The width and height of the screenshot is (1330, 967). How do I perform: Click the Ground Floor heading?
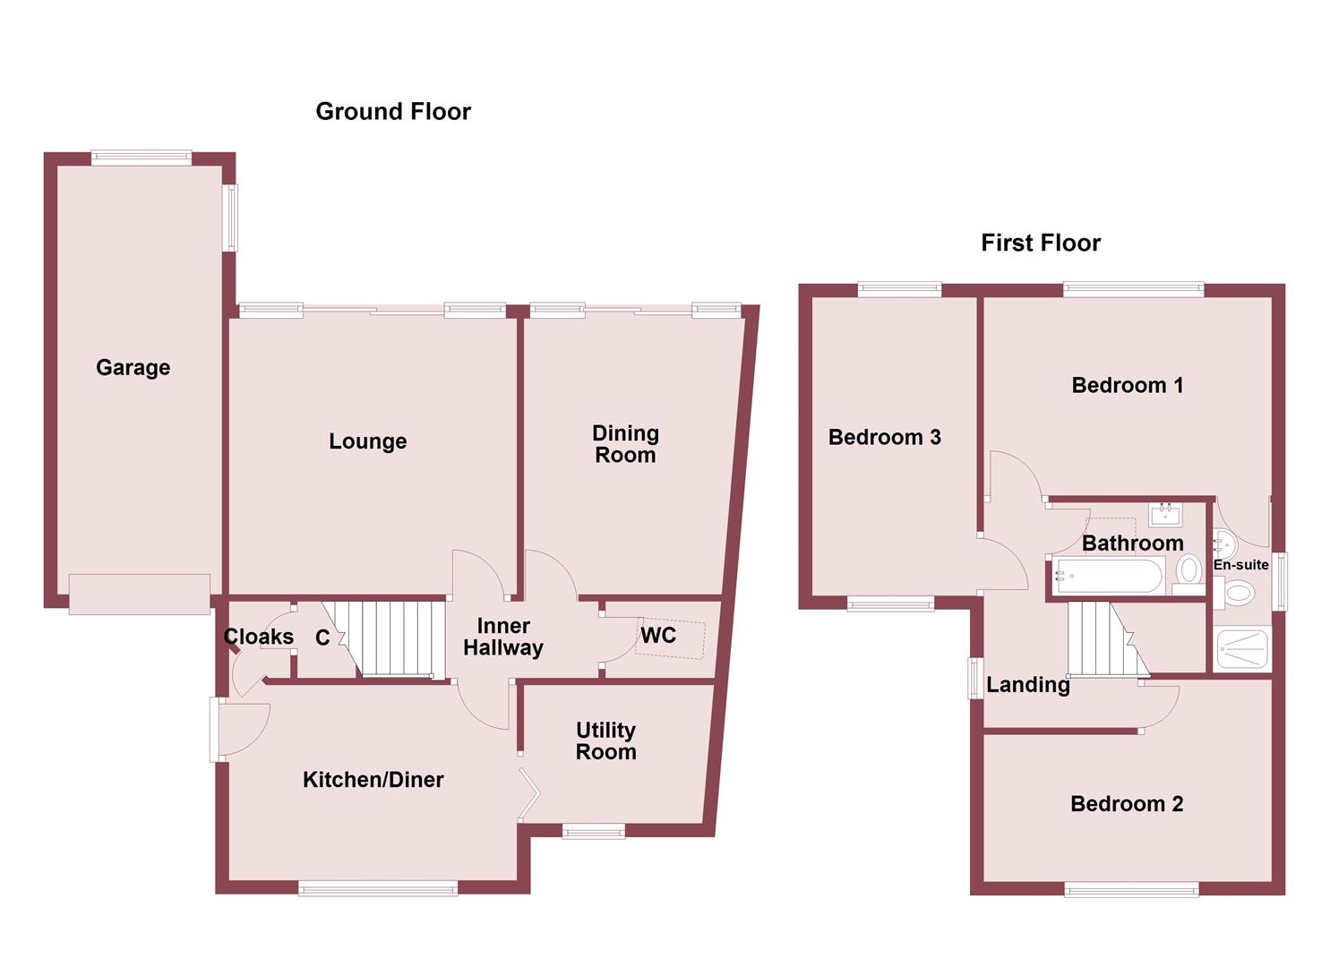tap(393, 111)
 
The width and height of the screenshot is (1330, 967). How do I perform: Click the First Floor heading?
tap(1041, 243)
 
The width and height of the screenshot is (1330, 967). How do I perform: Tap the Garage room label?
tap(133, 367)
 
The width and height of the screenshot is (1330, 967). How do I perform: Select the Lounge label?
tap(367, 441)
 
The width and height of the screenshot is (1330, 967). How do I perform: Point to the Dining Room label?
tap(625, 444)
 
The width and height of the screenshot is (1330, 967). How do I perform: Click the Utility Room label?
tap(605, 740)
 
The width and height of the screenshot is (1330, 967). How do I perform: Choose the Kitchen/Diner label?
tap(373, 780)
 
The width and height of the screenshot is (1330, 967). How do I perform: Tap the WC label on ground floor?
tap(658, 636)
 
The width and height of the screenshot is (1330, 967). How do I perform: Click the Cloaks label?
tap(258, 637)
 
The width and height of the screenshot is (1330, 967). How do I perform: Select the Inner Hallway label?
tap(503, 637)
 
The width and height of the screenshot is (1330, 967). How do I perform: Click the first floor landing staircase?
tap(1102, 639)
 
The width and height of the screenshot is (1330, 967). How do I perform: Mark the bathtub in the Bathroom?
tap(1108, 576)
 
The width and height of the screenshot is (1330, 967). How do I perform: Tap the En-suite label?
tap(1240, 565)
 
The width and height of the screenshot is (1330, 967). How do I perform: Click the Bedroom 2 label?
tap(1127, 804)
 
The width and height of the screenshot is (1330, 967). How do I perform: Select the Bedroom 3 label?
tap(884, 437)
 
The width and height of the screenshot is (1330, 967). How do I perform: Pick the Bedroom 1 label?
tap(1127, 385)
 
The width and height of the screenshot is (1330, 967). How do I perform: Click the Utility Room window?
tap(593, 832)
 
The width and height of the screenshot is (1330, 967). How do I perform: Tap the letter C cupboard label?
tap(322, 638)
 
